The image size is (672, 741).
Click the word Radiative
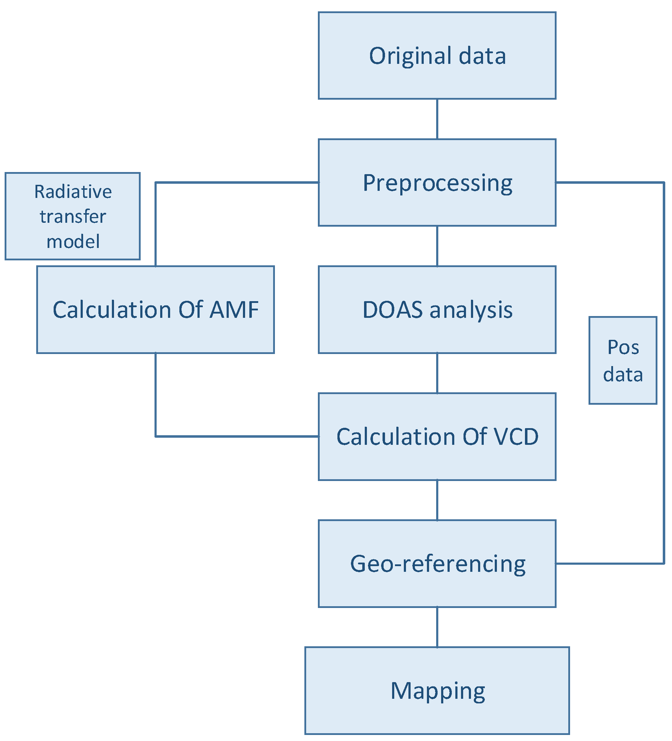coord(73,192)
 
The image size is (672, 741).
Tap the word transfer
coord(73,216)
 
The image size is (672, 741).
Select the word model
coord(73,242)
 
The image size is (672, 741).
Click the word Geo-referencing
coord(438,564)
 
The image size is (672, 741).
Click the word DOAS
coord(393,309)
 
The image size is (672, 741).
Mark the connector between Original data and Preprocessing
coord(437,119)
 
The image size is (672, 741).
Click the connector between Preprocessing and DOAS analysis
coord(437,246)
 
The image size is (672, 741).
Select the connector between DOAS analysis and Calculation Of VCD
coord(437,373)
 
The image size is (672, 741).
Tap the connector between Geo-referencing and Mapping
coord(437,627)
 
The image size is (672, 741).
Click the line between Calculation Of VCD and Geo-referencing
coord(437,500)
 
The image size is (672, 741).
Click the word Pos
coord(623,347)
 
